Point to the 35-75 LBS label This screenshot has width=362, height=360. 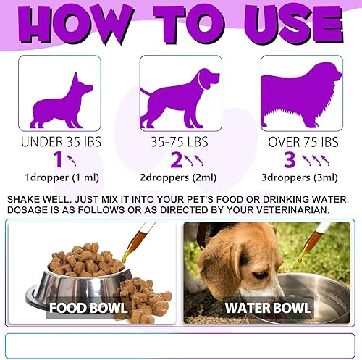(177, 141)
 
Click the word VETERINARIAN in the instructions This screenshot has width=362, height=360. (290, 210)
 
